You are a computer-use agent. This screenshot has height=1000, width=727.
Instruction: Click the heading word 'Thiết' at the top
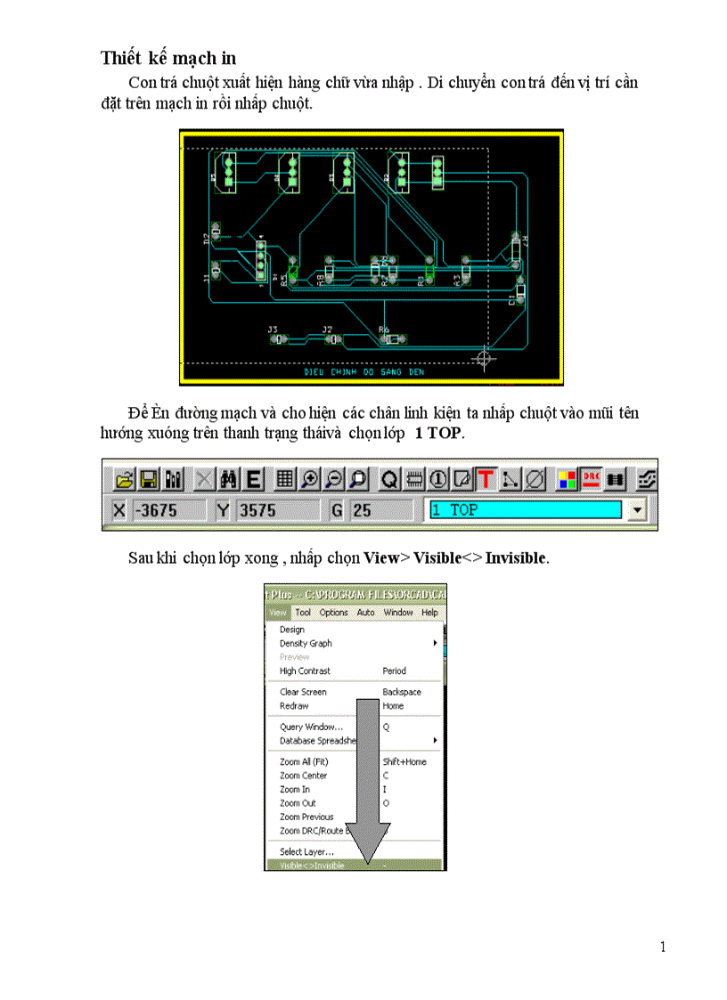coord(121,59)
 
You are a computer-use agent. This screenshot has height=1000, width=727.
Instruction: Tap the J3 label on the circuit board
coord(273,329)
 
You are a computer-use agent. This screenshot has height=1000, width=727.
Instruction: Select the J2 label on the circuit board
coord(327,329)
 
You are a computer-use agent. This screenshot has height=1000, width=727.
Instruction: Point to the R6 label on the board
coord(384,329)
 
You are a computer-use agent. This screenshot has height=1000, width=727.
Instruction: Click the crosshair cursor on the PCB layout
coord(485,359)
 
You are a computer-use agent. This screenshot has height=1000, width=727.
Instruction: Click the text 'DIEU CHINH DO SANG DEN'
coord(364,372)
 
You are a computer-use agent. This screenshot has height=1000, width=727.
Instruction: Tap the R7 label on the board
coord(526,240)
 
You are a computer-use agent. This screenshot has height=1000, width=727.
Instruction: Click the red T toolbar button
coord(486,479)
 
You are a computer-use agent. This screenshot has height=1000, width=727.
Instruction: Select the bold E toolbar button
coord(254,479)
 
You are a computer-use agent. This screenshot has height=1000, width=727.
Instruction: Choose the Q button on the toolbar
coord(389,479)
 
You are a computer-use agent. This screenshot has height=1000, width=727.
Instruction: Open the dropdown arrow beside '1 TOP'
coord(636,510)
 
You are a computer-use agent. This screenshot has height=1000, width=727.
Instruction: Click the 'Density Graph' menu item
coord(306,643)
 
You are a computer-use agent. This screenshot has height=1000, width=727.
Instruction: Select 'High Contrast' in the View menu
coord(305,671)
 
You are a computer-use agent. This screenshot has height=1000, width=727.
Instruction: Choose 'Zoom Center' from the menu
coord(303,776)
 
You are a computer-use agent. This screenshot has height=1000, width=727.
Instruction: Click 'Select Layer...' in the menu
coord(306,852)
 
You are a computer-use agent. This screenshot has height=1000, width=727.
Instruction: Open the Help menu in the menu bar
coord(429,613)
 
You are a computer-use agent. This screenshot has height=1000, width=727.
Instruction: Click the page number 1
coord(663,947)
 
